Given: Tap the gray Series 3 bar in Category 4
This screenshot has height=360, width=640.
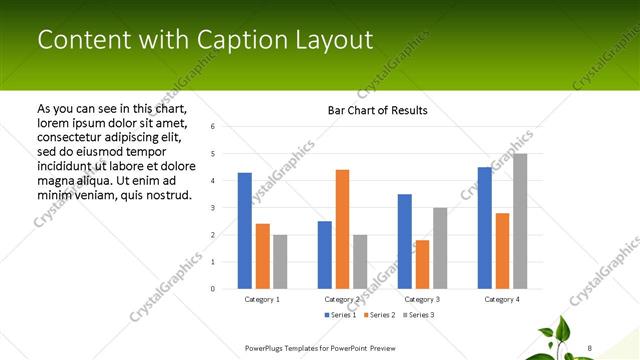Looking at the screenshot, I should [x=520, y=221].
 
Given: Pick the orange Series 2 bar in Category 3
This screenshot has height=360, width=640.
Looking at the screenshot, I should [x=422, y=264].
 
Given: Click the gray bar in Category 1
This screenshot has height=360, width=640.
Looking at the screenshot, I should [x=280, y=262].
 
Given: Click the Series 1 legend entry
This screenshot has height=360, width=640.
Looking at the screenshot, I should [x=340, y=315].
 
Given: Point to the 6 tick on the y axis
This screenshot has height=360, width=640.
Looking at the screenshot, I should [x=212, y=127].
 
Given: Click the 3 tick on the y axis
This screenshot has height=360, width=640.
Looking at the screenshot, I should [x=212, y=208].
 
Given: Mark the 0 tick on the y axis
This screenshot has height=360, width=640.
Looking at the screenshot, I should [x=212, y=289].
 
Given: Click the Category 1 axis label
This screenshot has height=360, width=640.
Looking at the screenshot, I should [x=262, y=299].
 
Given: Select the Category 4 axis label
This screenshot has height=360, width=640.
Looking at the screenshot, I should [x=502, y=299].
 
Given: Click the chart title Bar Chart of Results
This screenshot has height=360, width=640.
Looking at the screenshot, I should [x=378, y=110].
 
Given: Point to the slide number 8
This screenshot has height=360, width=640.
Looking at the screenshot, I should [x=590, y=348].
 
